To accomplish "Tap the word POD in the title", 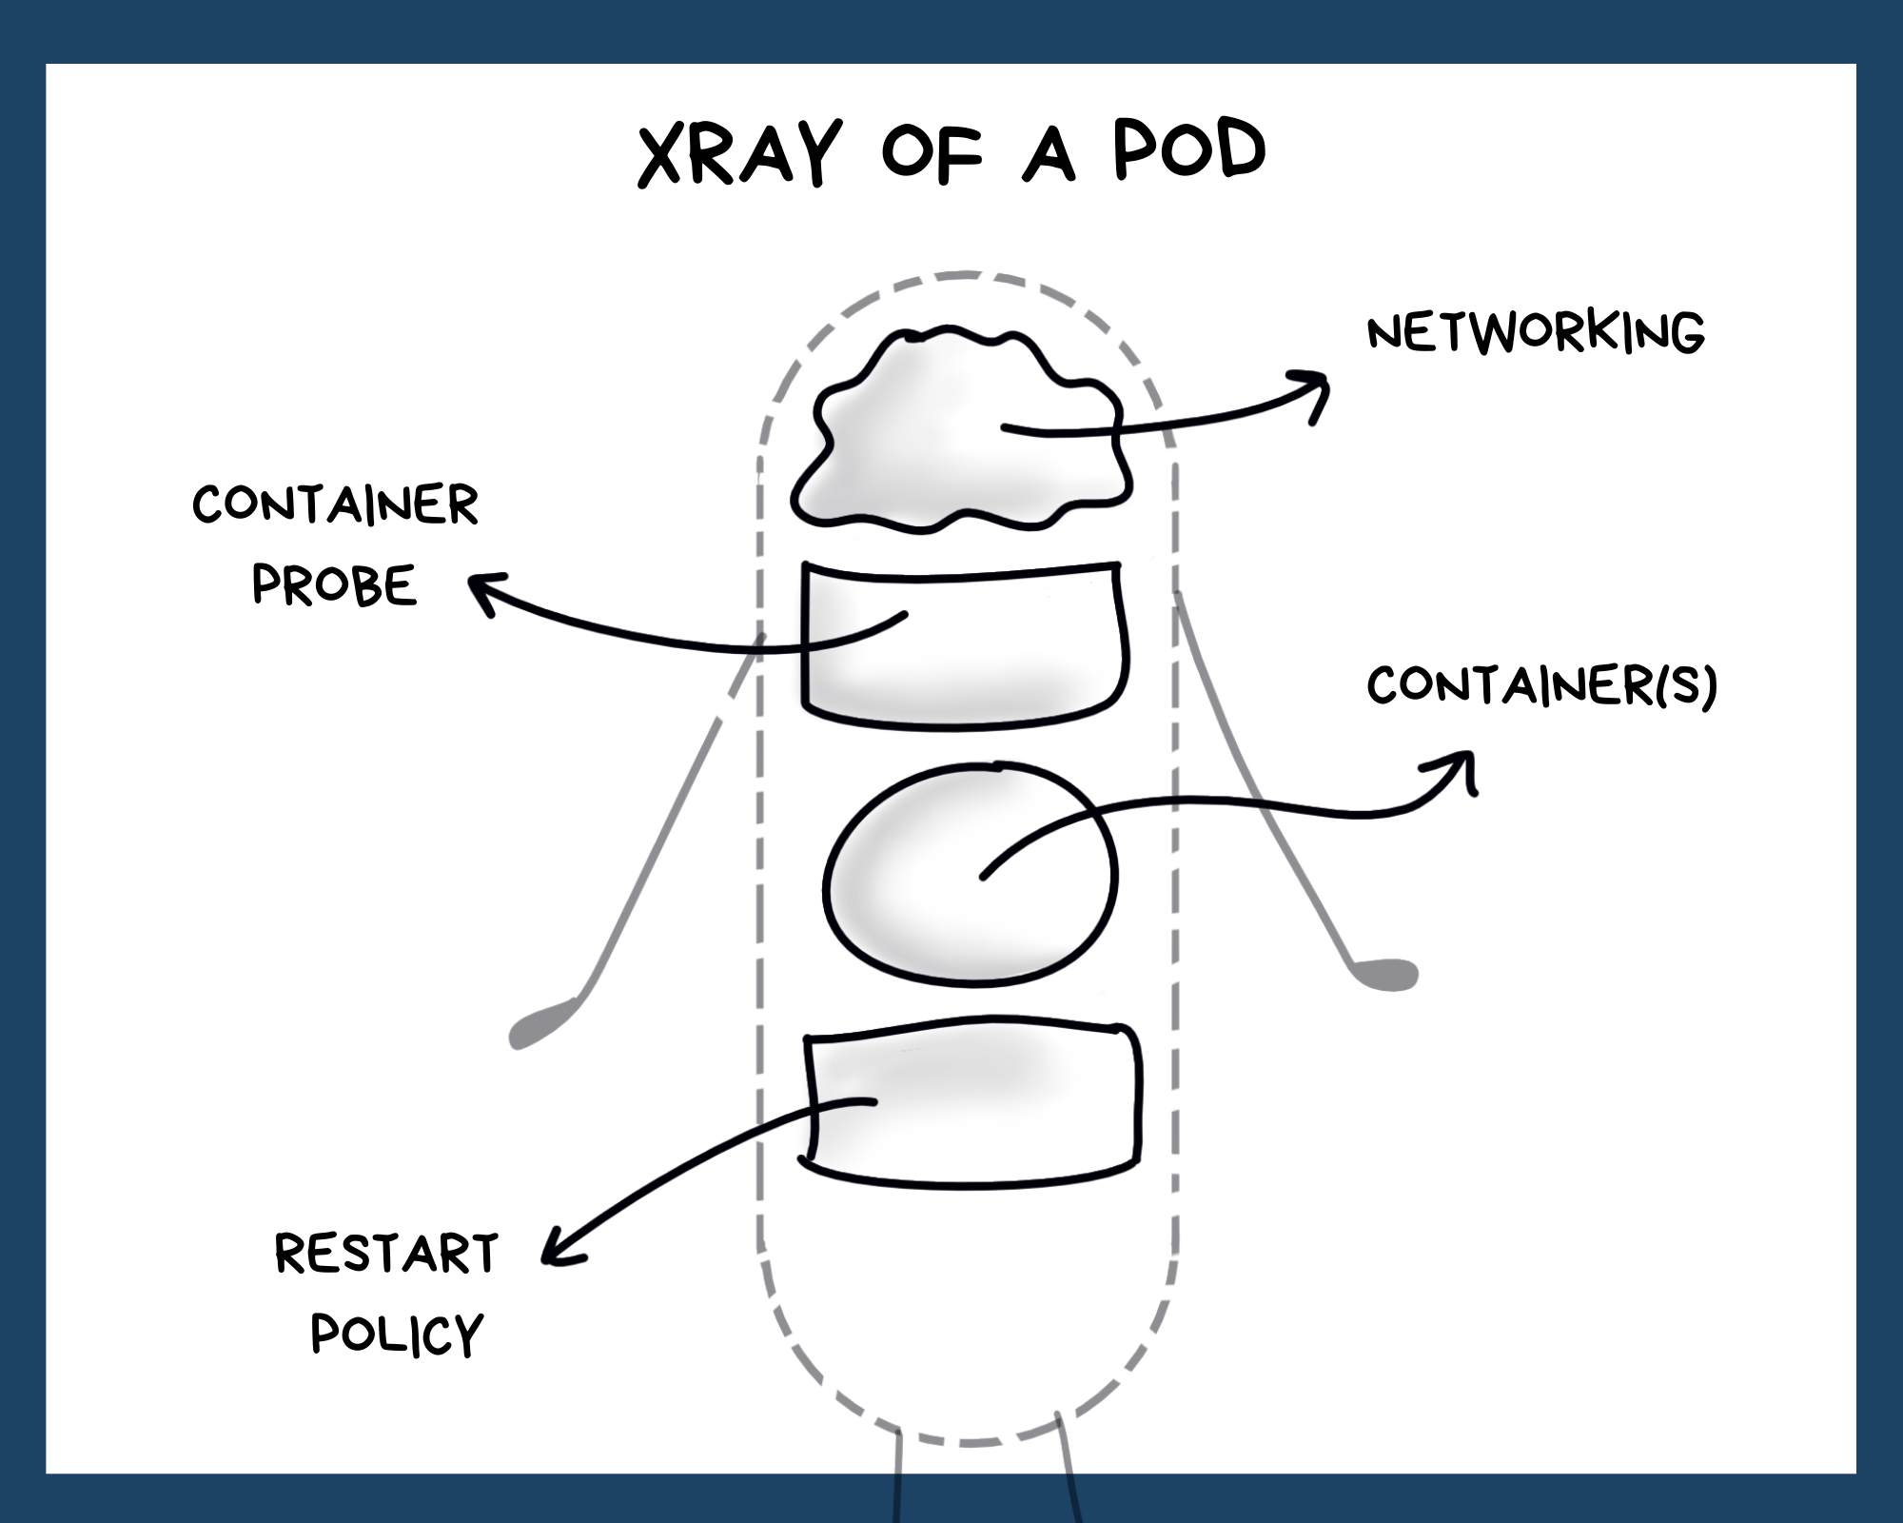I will coord(1189,150).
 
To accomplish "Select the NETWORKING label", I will coord(1535,331).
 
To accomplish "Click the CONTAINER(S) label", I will coord(1541,685).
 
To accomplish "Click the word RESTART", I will coord(386,1254).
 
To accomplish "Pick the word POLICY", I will coord(398,1334).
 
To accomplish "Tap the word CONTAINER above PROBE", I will coord(335,504).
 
